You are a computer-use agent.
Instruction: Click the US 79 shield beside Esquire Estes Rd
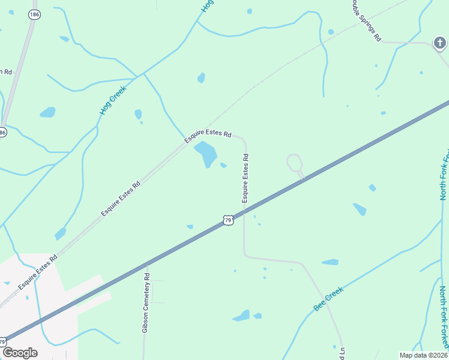(228, 220)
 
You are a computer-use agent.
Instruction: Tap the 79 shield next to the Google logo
(2, 341)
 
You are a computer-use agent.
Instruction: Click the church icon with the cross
(440, 43)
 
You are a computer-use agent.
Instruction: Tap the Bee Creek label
(328, 298)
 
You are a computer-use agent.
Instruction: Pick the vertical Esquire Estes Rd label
(246, 178)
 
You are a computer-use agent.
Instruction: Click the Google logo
(20, 353)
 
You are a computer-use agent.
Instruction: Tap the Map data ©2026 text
(423, 355)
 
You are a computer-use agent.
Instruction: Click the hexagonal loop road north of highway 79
(294, 162)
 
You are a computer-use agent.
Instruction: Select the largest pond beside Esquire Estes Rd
(206, 154)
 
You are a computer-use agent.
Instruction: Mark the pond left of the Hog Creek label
(47, 112)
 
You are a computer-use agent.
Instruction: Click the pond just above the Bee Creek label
(330, 262)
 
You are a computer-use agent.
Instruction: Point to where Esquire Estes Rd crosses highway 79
(244, 211)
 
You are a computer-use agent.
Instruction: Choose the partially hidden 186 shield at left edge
(2, 132)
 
